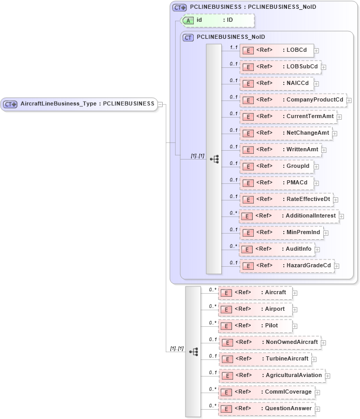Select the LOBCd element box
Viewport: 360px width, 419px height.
(x=277, y=50)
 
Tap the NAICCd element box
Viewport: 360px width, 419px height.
(x=277, y=83)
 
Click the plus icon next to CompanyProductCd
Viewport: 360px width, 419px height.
(x=349, y=100)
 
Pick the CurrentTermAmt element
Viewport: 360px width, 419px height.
(x=288, y=117)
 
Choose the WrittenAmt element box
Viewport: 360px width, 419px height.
(x=280, y=150)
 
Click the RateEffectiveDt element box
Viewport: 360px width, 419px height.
(x=286, y=199)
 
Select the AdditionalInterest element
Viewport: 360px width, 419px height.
(x=289, y=215)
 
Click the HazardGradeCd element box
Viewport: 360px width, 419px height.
(x=287, y=266)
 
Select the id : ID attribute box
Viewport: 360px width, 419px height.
(x=218, y=20)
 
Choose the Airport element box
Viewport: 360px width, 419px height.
(x=255, y=309)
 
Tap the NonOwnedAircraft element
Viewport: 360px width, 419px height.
(x=269, y=342)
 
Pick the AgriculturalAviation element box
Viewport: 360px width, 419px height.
(x=272, y=375)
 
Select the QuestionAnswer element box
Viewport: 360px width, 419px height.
(x=266, y=409)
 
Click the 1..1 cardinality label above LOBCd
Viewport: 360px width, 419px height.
(x=234, y=47)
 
